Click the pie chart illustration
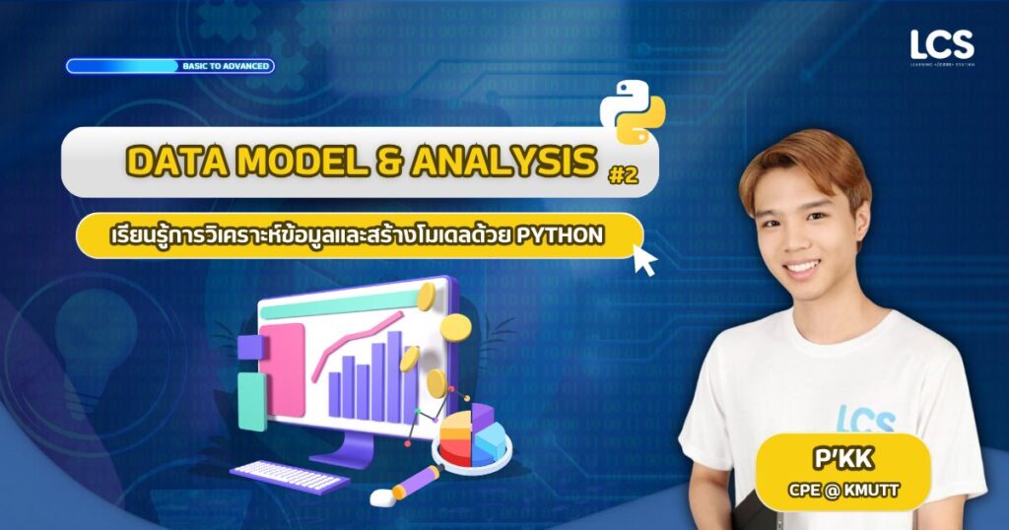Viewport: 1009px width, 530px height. (472, 436)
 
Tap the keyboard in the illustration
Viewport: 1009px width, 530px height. (290, 477)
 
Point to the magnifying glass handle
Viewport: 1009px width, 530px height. (415, 482)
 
